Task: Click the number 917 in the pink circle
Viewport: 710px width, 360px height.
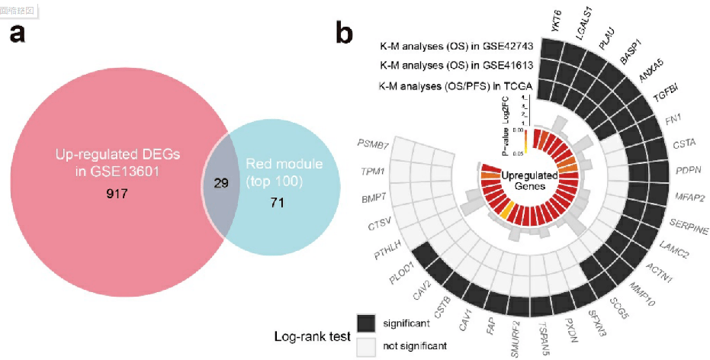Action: click(119, 195)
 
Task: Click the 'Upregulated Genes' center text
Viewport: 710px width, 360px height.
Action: click(528, 182)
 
